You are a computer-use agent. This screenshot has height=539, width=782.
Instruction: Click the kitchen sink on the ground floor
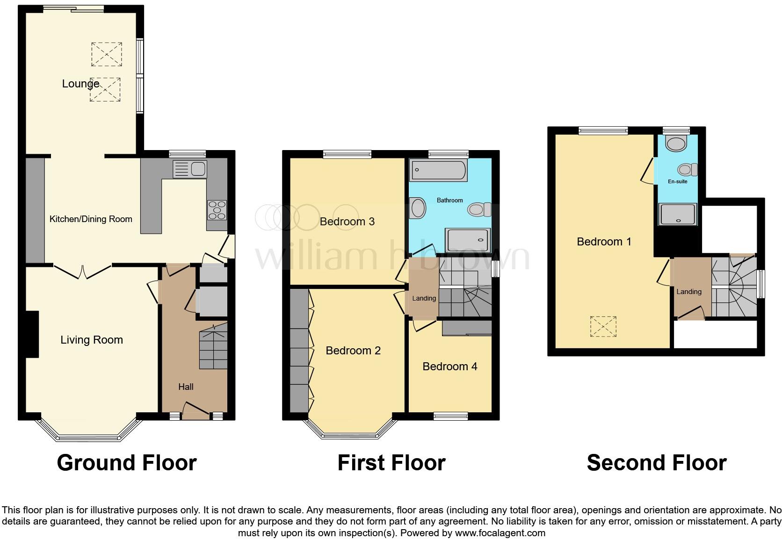(x=189, y=169)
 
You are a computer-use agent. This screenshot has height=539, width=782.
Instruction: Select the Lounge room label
(x=81, y=84)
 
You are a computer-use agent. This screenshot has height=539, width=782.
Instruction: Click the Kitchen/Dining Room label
(x=91, y=219)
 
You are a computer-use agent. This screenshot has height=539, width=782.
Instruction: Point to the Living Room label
(x=92, y=340)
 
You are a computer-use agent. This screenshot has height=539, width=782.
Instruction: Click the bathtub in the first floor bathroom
(x=438, y=171)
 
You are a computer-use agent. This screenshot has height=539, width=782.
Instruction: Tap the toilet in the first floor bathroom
(x=479, y=209)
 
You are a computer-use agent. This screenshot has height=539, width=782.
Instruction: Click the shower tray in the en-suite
(x=678, y=215)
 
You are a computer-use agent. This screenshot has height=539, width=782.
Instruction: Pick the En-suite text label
(x=677, y=181)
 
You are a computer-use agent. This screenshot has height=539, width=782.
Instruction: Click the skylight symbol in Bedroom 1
(x=603, y=326)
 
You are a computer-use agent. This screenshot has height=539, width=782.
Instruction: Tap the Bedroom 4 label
(x=449, y=367)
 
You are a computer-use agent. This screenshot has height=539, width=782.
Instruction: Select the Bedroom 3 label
(x=347, y=222)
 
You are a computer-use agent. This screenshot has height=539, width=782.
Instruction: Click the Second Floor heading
(x=656, y=463)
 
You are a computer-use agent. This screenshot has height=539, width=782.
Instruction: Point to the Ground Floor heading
(x=127, y=463)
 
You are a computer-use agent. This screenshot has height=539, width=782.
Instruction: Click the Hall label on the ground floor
(x=186, y=387)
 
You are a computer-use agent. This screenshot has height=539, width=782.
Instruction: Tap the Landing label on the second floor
(x=688, y=292)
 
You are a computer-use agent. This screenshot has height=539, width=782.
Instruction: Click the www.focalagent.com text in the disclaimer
(x=500, y=533)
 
